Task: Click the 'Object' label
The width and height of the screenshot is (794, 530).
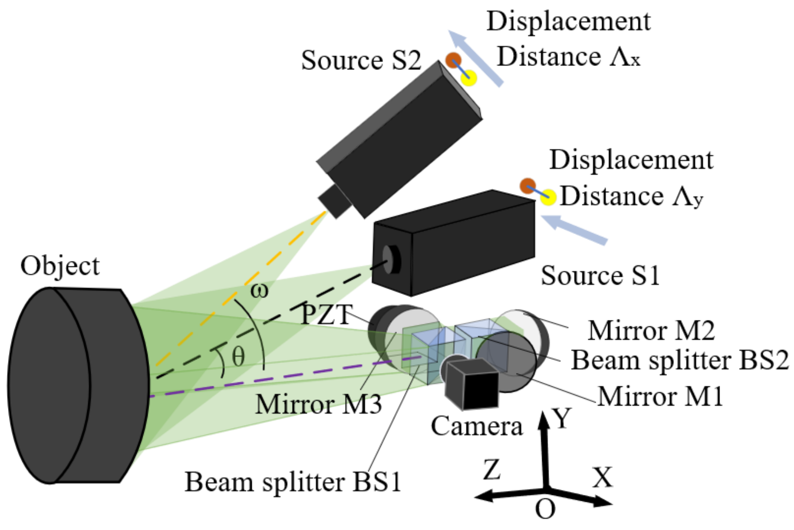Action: [60, 266]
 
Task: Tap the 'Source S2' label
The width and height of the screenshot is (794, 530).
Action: [361, 60]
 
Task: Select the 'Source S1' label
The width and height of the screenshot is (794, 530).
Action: [600, 275]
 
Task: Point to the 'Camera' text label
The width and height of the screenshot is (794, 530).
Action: [476, 426]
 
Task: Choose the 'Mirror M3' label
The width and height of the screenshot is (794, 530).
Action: [318, 404]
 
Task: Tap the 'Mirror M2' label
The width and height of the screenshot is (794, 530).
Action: [651, 331]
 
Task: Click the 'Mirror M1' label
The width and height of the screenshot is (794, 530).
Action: [660, 397]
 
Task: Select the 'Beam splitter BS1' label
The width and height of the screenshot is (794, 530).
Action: [293, 482]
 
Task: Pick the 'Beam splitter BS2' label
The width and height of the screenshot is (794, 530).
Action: [680, 360]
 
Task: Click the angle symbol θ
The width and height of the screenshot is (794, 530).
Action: [238, 356]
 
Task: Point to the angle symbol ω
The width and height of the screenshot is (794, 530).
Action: [259, 291]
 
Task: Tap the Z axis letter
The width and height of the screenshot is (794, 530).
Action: [492, 469]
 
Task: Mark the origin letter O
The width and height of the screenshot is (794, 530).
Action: [545, 509]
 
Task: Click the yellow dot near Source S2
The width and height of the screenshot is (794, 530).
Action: [469, 78]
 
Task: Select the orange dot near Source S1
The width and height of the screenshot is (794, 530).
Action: [528, 186]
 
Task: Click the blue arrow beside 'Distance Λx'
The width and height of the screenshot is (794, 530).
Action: [476, 59]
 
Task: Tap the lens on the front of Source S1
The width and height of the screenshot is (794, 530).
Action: [390, 259]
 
